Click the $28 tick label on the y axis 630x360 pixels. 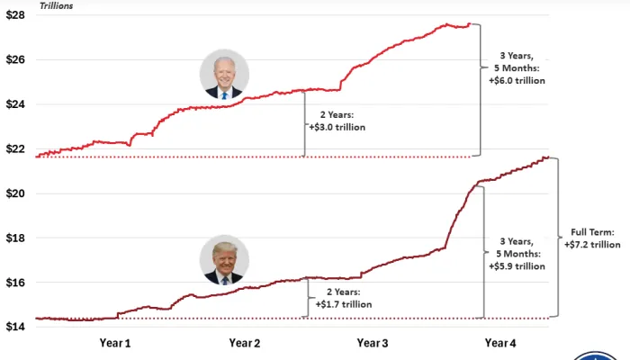coord(17,16)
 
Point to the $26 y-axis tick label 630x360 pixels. coord(17,60)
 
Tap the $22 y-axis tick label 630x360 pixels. coord(17,148)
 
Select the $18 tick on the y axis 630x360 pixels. coord(17,238)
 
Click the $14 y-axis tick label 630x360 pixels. coord(17,326)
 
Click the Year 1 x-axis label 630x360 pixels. coord(115,343)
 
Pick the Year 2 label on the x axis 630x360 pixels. coord(245,343)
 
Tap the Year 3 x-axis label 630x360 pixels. coord(373,343)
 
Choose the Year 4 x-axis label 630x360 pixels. coord(500,343)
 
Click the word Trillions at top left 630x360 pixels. coord(57,5)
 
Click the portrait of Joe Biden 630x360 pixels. coord(224,75)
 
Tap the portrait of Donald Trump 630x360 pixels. coord(224,261)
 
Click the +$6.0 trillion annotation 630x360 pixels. coord(516,81)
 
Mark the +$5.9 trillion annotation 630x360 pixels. coord(516,265)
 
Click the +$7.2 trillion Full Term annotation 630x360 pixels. coord(592,244)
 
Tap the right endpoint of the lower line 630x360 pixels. coord(549,157)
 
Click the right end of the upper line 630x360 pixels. coord(469,24)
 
